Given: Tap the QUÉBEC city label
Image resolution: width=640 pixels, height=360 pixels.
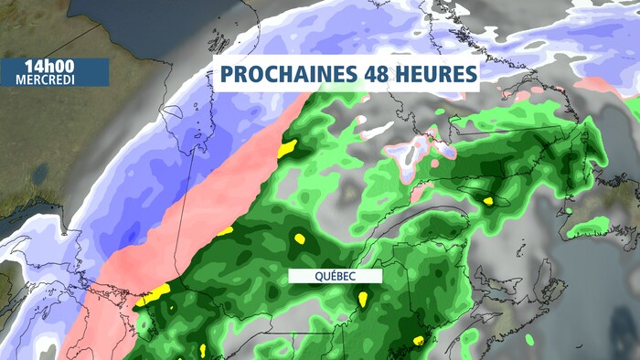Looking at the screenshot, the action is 321,276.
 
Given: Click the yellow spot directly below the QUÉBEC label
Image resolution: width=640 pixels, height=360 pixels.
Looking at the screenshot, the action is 364,298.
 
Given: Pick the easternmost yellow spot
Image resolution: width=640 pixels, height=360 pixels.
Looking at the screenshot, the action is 489,200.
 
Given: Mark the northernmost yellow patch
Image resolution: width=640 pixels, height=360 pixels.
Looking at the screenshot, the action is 287,147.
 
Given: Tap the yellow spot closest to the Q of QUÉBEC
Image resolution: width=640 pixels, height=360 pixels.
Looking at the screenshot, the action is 299,239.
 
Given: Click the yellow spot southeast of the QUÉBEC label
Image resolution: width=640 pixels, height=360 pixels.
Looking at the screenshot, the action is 419,340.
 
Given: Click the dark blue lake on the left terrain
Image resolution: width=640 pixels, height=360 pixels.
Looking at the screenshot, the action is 41,175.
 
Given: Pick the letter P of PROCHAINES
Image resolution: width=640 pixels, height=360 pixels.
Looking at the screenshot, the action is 226,75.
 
